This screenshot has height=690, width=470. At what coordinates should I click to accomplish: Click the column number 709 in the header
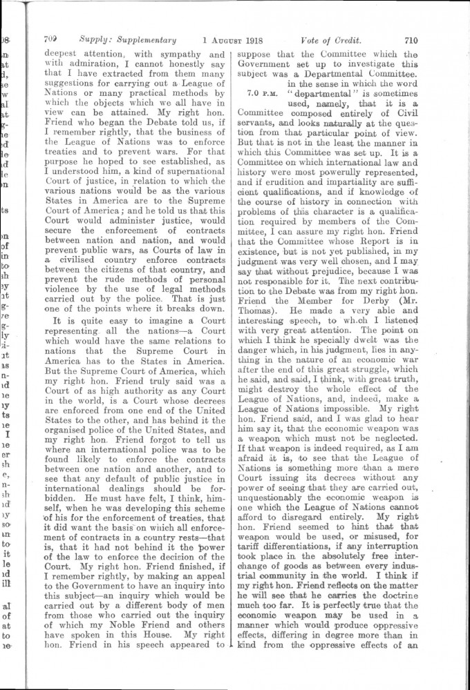pos(51,40)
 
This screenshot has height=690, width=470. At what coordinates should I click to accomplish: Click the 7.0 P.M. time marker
pos(259,90)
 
